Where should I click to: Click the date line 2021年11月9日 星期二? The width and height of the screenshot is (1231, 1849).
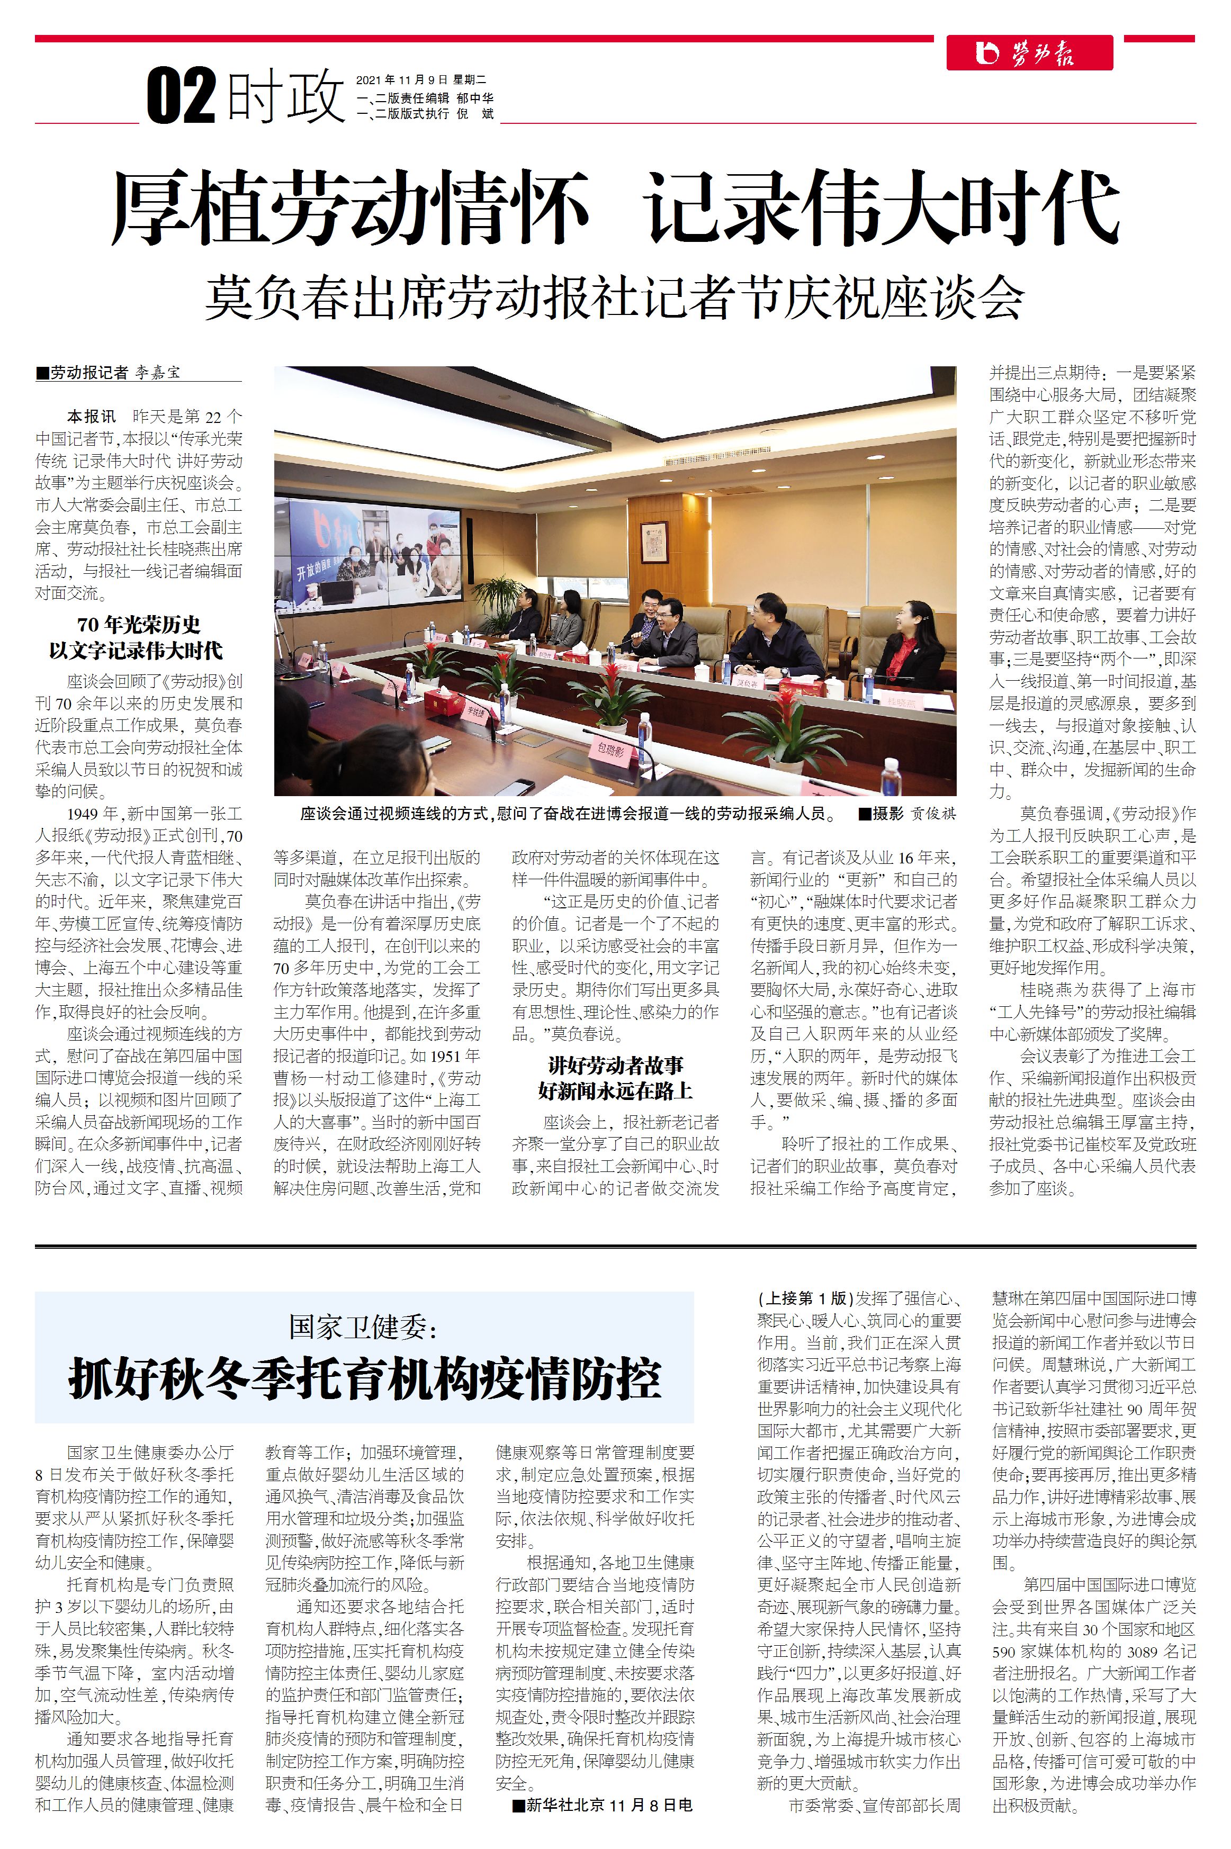[421, 80]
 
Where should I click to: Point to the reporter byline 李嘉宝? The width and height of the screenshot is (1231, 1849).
[157, 373]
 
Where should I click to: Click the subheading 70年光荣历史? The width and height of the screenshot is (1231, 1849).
[139, 625]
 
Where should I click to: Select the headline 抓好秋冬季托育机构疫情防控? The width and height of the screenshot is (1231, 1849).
[365, 1379]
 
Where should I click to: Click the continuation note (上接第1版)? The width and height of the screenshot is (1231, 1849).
[805, 1297]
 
